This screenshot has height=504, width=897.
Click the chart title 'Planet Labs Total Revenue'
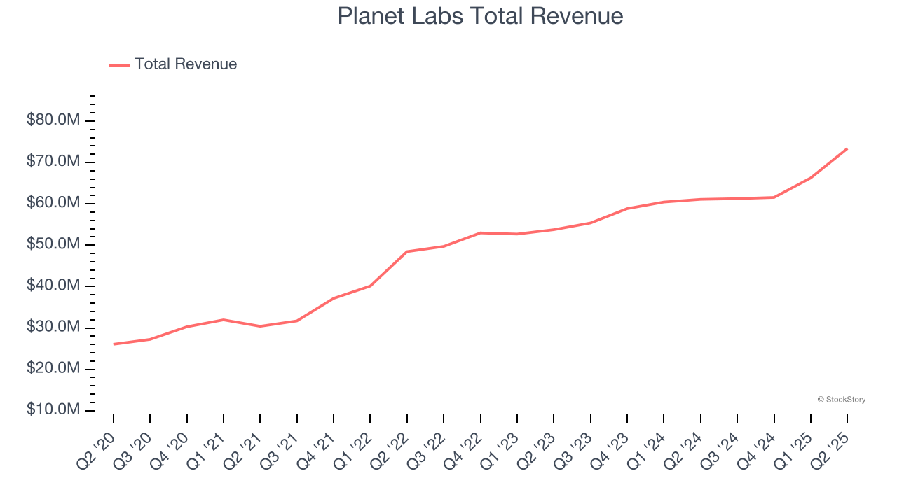(x=480, y=15)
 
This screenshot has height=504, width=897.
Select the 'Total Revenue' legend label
(x=186, y=64)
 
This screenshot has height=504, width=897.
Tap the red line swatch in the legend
(x=119, y=65)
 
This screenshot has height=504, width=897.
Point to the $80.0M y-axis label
(x=53, y=120)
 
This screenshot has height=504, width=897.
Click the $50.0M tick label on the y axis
(x=53, y=244)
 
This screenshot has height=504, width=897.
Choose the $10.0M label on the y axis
(x=53, y=409)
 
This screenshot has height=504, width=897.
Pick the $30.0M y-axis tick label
(x=53, y=327)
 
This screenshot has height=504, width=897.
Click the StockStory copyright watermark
(x=841, y=400)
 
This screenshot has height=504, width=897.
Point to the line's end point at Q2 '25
(x=847, y=148)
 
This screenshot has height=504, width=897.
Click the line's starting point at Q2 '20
(x=114, y=344)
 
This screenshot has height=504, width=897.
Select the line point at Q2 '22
(x=407, y=251)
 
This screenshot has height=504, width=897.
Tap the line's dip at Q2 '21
(x=260, y=326)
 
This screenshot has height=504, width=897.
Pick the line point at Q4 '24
(x=774, y=197)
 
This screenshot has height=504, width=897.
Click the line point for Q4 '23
(x=627, y=209)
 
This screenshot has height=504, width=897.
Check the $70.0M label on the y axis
(x=53, y=162)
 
